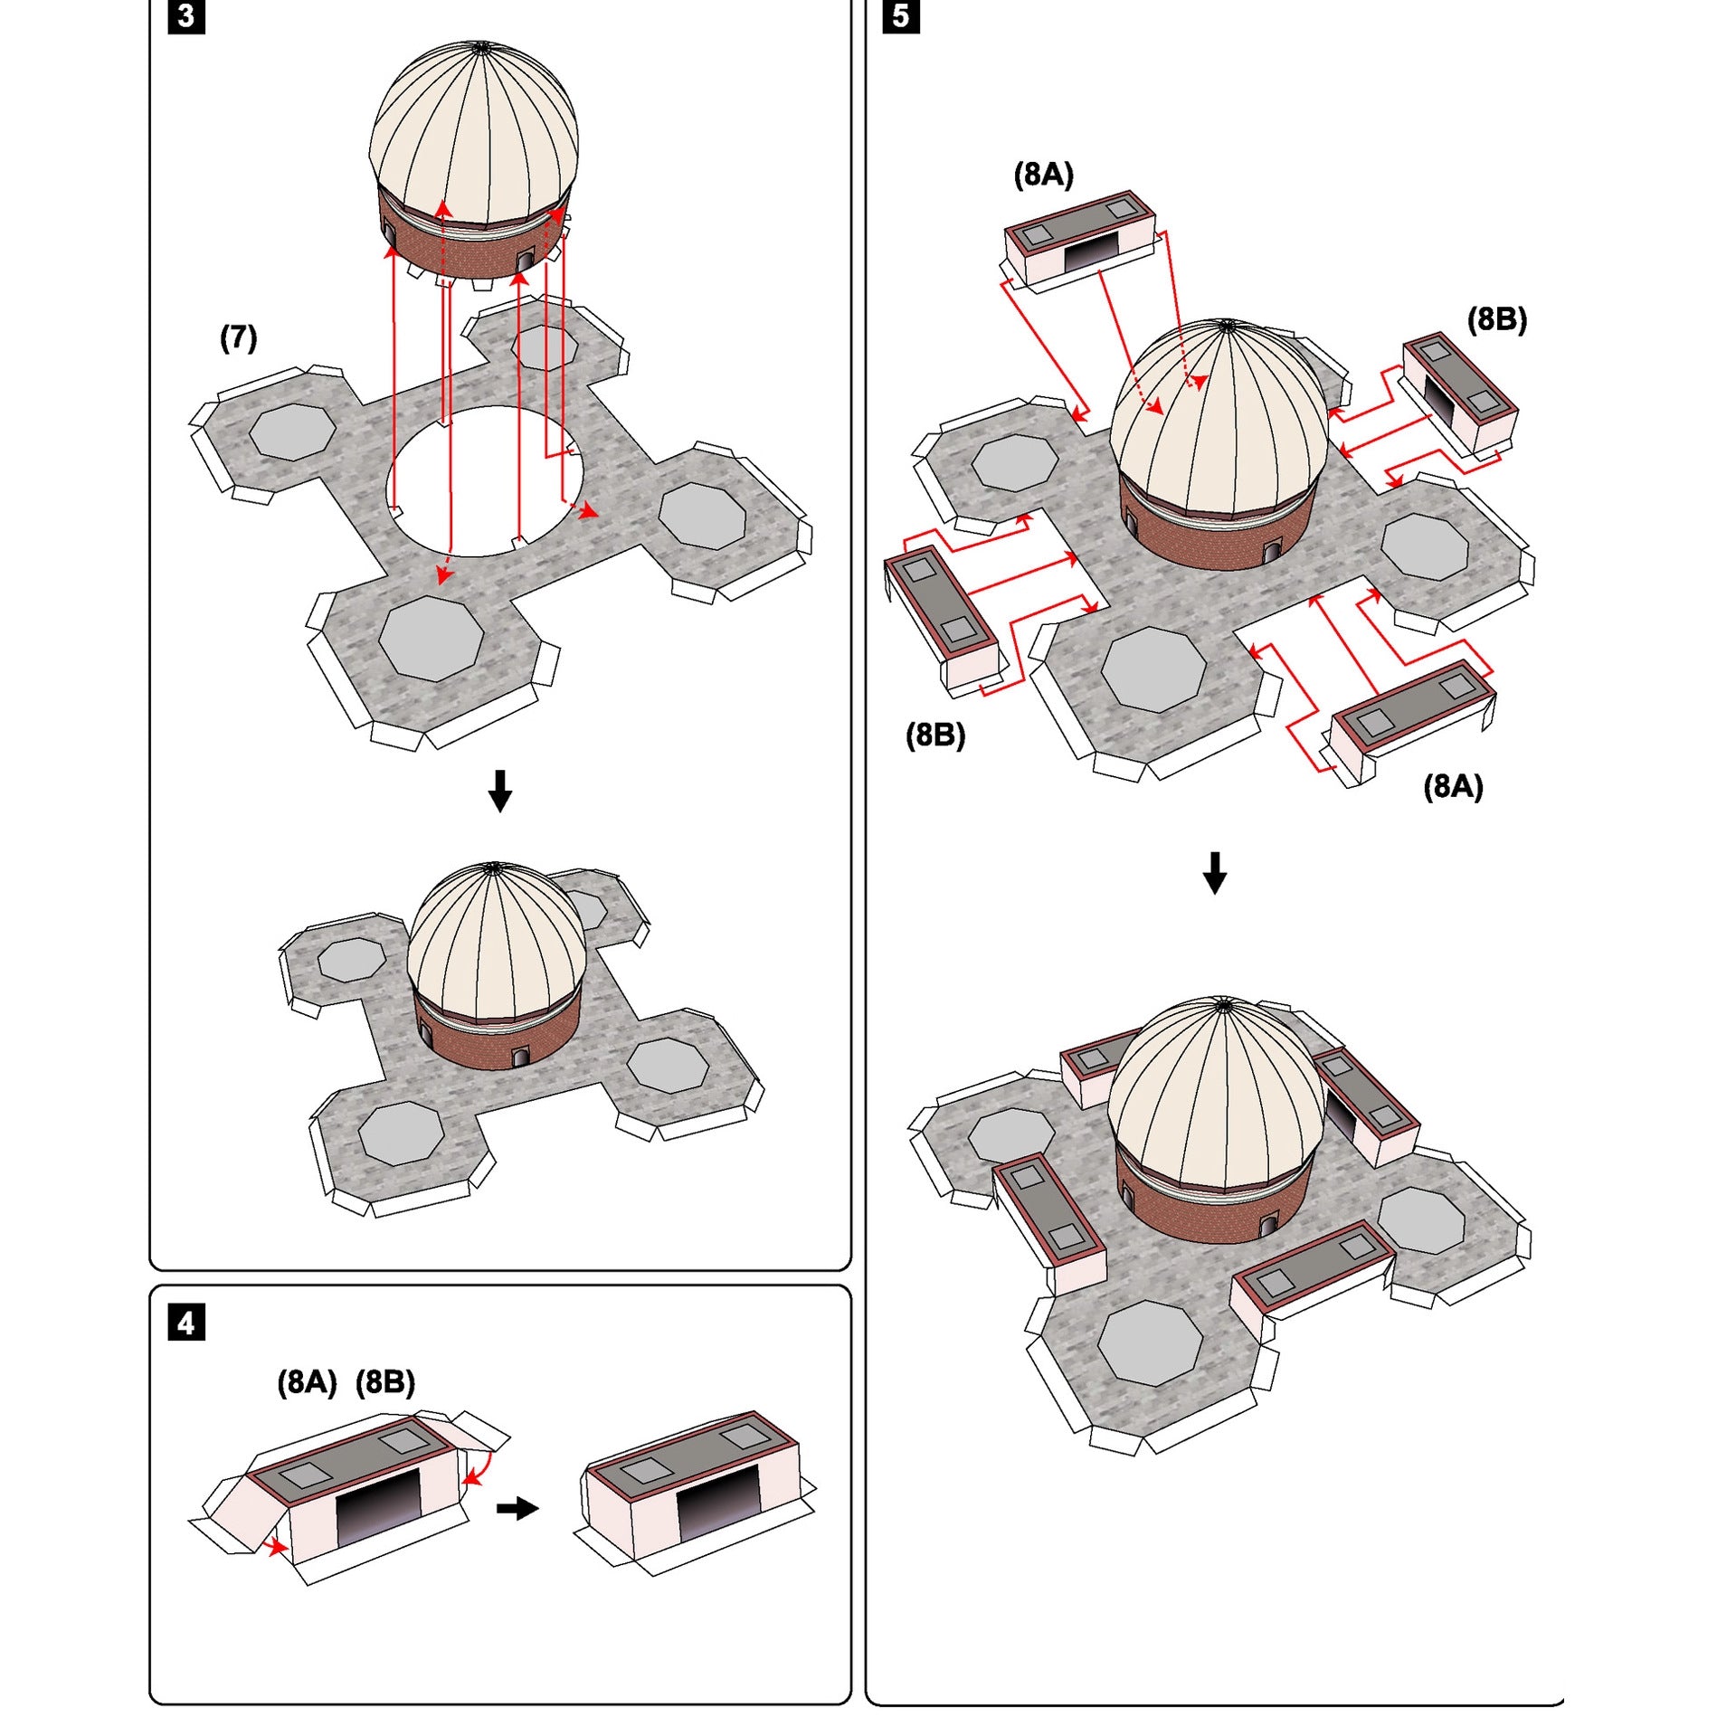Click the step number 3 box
(186, 16)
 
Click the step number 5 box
(901, 16)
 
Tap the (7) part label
(239, 338)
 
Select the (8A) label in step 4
(307, 1382)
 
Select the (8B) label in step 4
(385, 1382)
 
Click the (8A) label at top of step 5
(1043, 175)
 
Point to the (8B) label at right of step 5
(1497, 319)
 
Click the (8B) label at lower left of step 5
(935, 735)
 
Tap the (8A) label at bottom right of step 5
(1454, 787)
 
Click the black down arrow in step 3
(500, 791)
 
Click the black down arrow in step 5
(1215, 872)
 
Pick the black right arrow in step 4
(517, 1508)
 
